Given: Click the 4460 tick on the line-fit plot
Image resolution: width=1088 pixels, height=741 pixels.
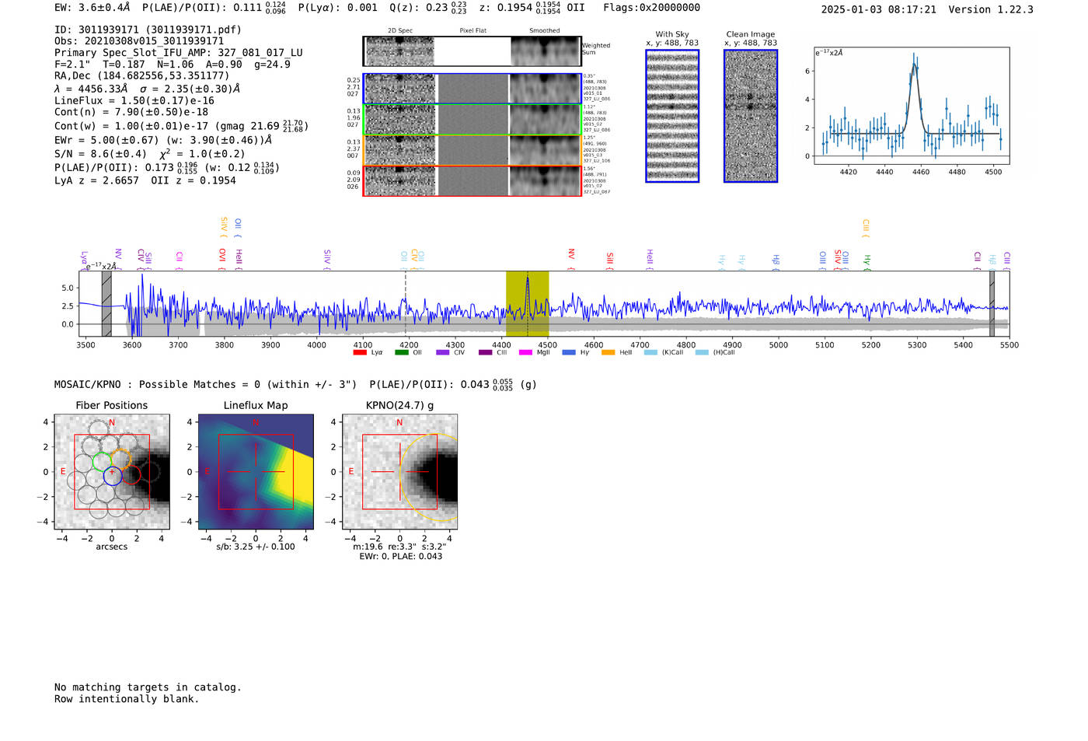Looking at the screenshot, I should (x=920, y=172).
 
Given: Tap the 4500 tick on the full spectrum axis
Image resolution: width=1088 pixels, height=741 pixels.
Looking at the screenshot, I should (x=548, y=344).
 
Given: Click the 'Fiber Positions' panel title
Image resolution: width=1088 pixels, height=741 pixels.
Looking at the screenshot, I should (x=111, y=405).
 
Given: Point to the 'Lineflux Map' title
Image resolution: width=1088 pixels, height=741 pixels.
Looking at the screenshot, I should (x=256, y=405).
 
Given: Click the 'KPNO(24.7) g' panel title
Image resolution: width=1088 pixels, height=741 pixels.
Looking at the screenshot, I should (x=399, y=405).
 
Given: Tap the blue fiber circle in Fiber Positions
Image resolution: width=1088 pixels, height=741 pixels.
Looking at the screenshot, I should (x=113, y=476).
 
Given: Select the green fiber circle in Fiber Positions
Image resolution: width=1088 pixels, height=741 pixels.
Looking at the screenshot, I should (x=102, y=461).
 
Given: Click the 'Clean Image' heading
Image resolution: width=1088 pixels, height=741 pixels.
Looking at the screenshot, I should (x=750, y=34).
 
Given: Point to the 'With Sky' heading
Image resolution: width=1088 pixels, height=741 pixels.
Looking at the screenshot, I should (x=672, y=34).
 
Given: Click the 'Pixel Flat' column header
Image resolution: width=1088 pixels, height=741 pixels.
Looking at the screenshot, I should (x=473, y=31).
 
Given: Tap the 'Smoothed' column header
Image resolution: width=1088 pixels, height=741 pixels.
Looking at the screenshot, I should (x=544, y=31).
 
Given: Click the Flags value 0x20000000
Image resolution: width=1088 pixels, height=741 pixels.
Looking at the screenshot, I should (x=668, y=8).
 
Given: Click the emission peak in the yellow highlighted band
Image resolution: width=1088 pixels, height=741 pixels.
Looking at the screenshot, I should (x=528, y=280).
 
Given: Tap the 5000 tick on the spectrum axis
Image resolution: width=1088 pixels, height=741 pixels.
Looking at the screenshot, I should (x=779, y=344).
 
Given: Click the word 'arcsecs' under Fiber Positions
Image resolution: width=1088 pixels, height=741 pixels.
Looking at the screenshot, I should (x=111, y=547).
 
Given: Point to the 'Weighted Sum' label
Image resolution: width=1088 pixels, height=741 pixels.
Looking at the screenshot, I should (x=595, y=49).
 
